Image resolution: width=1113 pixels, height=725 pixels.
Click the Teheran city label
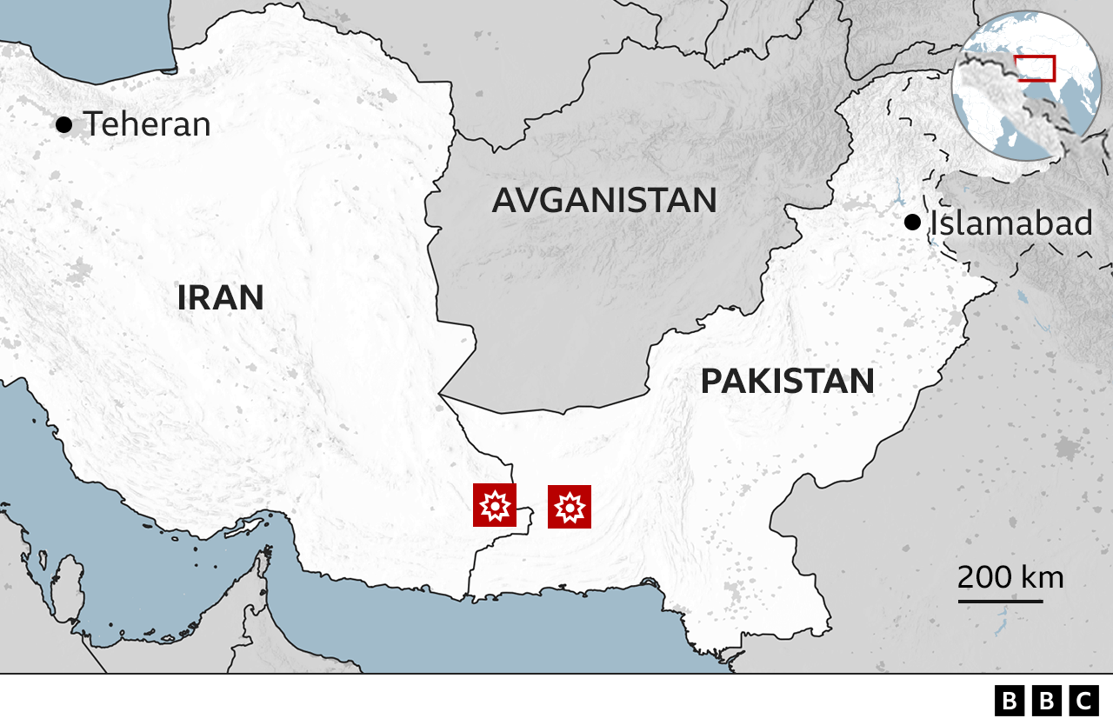click(147, 124)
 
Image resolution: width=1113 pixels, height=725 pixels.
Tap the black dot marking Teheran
click(63, 124)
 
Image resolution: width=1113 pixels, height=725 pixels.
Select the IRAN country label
click(220, 298)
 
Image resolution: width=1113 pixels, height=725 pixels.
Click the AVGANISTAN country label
click(604, 201)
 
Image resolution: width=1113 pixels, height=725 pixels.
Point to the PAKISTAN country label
click(787, 382)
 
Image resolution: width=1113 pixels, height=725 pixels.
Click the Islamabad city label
click(1011, 223)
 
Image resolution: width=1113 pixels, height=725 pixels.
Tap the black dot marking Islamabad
click(912, 223)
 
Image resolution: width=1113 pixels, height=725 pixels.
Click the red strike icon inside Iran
click(495, 505)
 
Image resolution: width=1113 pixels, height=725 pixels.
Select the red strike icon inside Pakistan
click(570, 506)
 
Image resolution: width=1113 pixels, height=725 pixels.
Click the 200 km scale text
click(1010, 577)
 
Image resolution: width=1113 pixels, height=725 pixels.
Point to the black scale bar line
click(1000, 601)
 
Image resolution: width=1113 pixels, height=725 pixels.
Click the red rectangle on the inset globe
click(1035, 68)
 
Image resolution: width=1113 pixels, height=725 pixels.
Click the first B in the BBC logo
click(1009, 701)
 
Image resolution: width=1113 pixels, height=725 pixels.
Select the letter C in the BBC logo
click(1083, 701)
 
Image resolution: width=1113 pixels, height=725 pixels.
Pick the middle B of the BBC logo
click(1046, 701)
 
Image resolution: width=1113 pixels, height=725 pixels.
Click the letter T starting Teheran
click(93, 124)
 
